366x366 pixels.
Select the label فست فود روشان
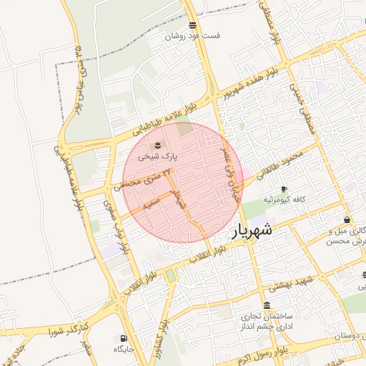[193, 36]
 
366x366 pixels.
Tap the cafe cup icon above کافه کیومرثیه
[284, 189]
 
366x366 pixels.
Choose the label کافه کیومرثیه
[285, 199]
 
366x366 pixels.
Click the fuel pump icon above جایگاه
[124, 338]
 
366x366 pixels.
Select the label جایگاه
[124, 349]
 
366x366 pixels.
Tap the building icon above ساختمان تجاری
[267, 305]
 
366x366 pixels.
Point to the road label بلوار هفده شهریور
[247, 83]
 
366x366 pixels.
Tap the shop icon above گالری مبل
[347, 220]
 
